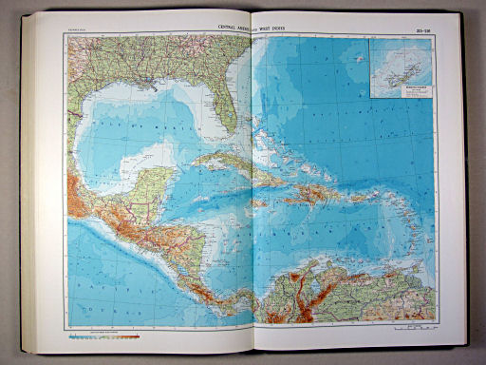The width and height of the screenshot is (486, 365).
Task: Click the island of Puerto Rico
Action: (x=356, y=201)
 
